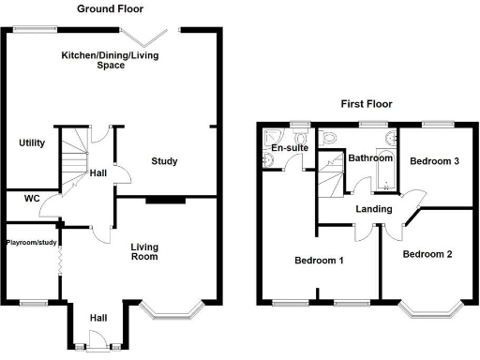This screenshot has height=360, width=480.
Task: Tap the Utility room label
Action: [x=32, y=143]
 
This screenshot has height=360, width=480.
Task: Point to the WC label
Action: [x=31, y=199]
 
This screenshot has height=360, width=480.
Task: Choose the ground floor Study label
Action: [x=164, y=161]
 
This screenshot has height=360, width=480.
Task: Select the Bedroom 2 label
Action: [x=427, y=254]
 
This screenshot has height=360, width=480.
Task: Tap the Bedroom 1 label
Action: [x=317, y=260]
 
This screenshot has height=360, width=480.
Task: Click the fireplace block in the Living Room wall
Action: [x=164, y=199]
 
